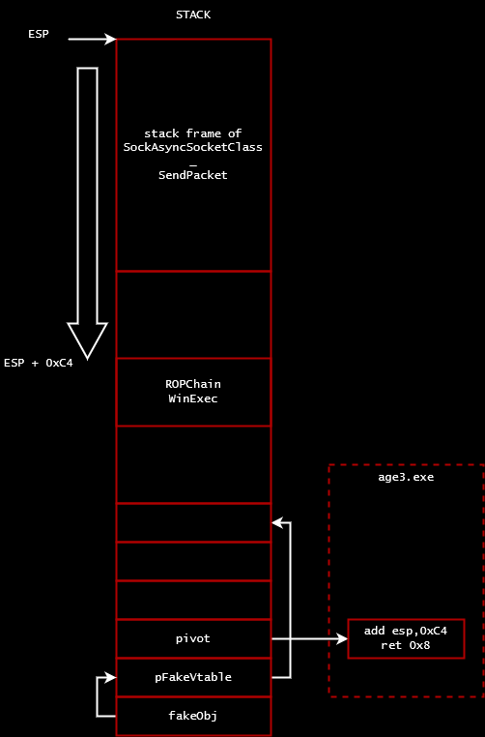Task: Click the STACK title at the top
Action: (193, 15)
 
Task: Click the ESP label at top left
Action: (39, 34)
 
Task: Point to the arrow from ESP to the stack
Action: (92, 39)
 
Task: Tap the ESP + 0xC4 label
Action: (39, 363)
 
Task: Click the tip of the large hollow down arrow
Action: (87, 359)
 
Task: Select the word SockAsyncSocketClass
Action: (193, 147)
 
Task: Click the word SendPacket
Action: (193, 175)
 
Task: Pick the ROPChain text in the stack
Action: (193, 384)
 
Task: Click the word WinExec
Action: (193, 398)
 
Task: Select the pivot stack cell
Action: (193, 638)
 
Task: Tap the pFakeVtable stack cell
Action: (193, 677)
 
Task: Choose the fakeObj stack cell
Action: (193, 716)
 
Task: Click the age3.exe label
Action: (406, 478)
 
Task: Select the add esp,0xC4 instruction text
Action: (406, 631)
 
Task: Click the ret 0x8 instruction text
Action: (406, 645)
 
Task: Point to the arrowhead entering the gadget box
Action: (343, 638)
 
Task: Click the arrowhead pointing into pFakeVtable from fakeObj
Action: (111, 677)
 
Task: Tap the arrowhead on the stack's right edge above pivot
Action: (277, 522)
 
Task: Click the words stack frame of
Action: (193, 133)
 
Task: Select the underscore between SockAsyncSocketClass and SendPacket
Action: (193, 165)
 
